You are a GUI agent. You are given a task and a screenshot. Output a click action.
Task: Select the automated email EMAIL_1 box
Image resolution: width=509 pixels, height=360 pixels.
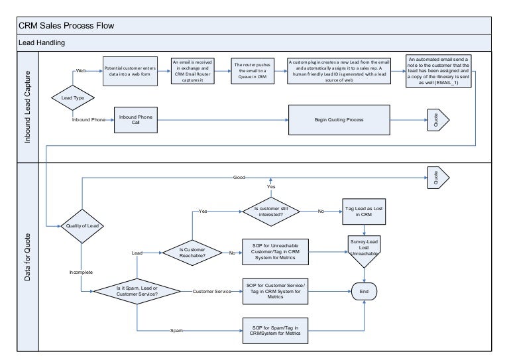439,72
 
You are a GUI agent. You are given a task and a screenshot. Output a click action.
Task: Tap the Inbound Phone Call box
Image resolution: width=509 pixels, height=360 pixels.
135,119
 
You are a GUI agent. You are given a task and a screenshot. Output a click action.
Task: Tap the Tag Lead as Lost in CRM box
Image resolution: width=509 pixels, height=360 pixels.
363,212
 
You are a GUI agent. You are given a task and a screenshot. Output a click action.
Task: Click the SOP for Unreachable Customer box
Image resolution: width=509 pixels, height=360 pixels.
276,253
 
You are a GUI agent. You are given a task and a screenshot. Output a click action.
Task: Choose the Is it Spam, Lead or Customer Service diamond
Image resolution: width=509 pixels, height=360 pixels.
137,291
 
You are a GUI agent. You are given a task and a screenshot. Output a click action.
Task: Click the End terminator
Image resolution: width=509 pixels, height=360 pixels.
364,291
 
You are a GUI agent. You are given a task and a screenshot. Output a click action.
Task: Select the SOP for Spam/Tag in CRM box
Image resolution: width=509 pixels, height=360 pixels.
276,330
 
